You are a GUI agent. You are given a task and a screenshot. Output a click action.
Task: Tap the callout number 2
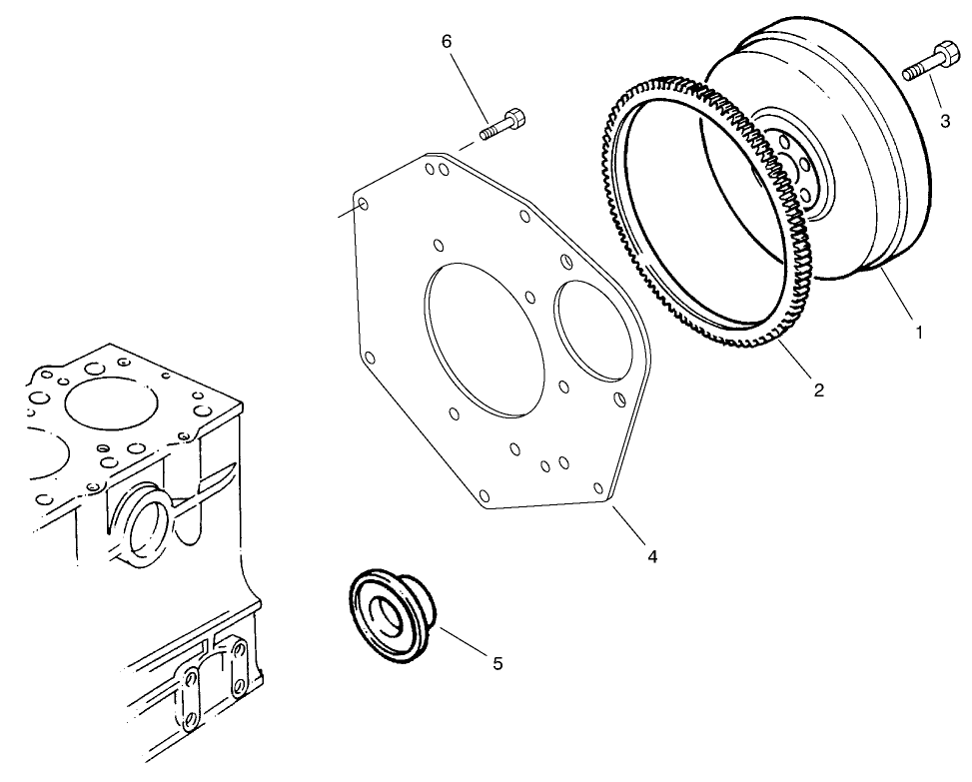[818, 390]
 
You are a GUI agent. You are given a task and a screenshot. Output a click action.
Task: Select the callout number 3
[944, 121]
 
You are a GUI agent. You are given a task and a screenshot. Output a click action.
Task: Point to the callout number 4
[651, 556]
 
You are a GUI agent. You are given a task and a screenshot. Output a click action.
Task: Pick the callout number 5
[497, 663]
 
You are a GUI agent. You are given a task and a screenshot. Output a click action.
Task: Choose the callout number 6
[447, 41]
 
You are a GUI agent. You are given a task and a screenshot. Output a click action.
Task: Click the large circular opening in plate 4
[484, 335]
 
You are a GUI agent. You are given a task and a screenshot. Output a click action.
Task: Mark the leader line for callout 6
[470, 86]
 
